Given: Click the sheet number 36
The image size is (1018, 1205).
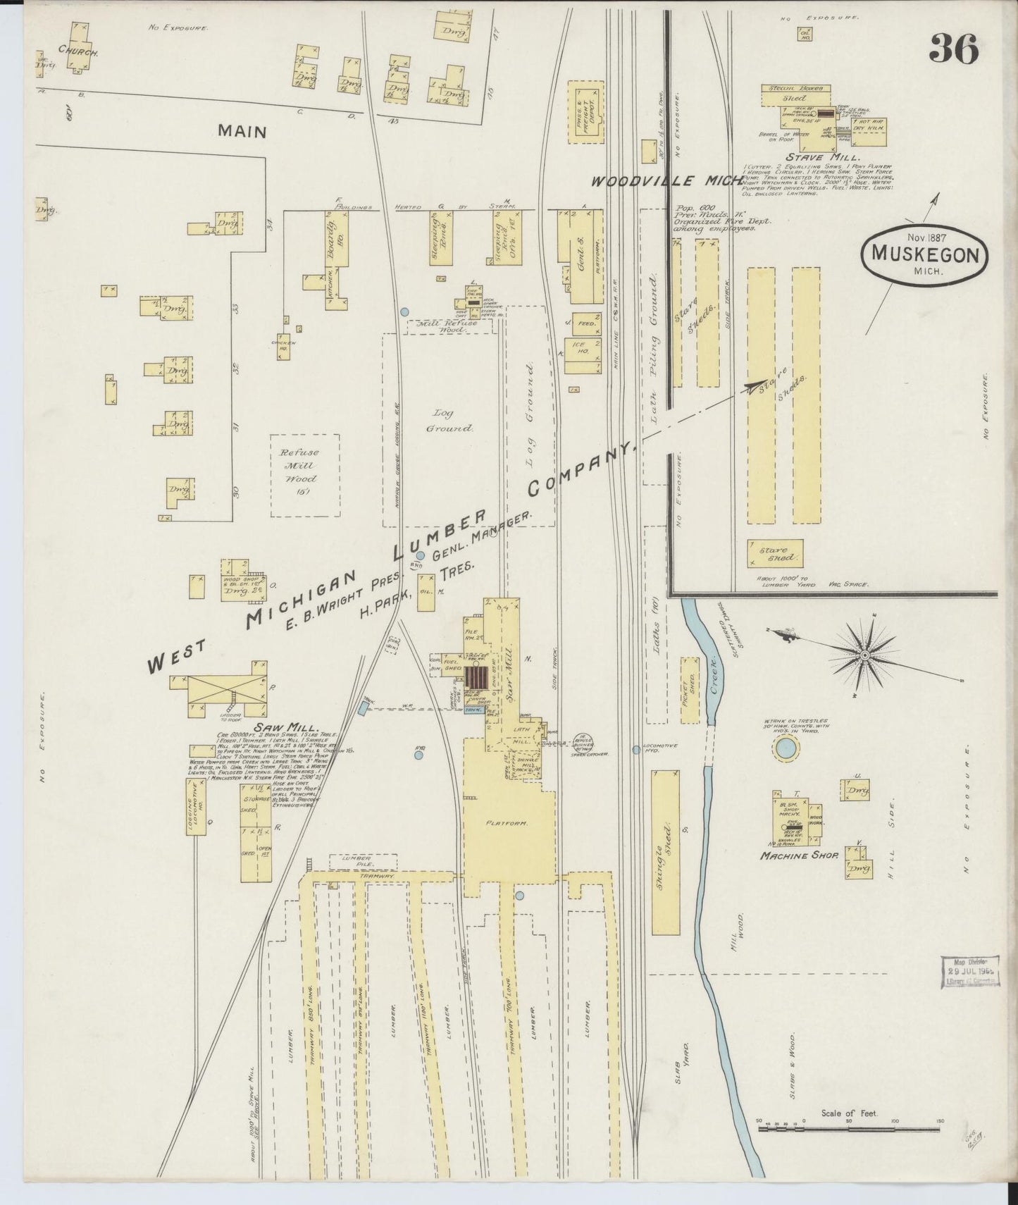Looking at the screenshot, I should (954, 49).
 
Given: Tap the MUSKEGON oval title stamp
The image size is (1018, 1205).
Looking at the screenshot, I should (924, 254).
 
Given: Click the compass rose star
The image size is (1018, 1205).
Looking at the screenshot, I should (864, 655).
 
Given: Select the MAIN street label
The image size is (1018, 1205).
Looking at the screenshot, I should (242, 131).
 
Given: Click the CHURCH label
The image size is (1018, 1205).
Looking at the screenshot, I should (77, 51).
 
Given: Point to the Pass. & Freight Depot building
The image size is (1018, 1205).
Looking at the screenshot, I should (587, 111).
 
